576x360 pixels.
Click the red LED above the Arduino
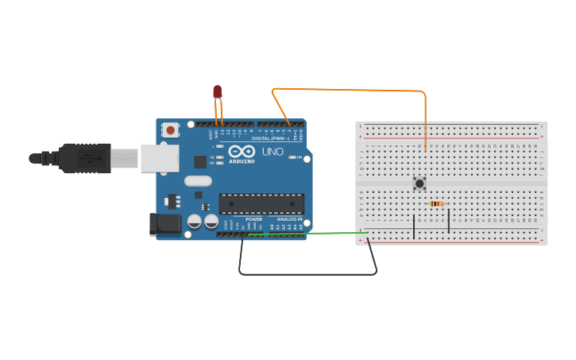(218, 92)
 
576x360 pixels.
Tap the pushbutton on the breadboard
(419, 184)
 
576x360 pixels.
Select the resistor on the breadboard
(435, 204)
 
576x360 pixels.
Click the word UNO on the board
(273, 151)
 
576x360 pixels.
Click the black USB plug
(83, 157)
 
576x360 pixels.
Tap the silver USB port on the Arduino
(159, 157)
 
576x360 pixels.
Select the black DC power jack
(164, 223)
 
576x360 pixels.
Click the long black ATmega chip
(261, 203)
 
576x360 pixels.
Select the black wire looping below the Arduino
(310, 274)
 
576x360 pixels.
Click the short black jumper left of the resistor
(414, 226)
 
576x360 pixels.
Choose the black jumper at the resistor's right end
(449, 219)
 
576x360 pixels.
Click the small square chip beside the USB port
(200, 161)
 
